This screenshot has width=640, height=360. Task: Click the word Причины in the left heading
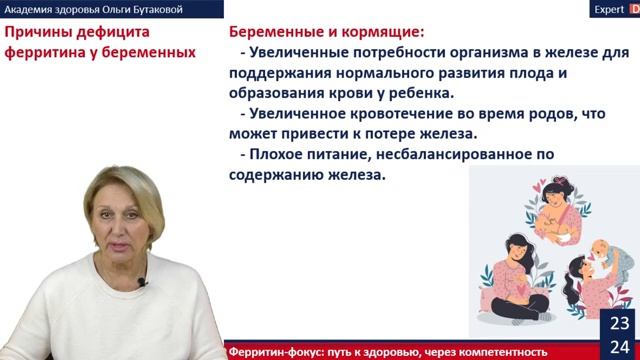36,33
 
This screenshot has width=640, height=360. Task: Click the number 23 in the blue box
619,323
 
